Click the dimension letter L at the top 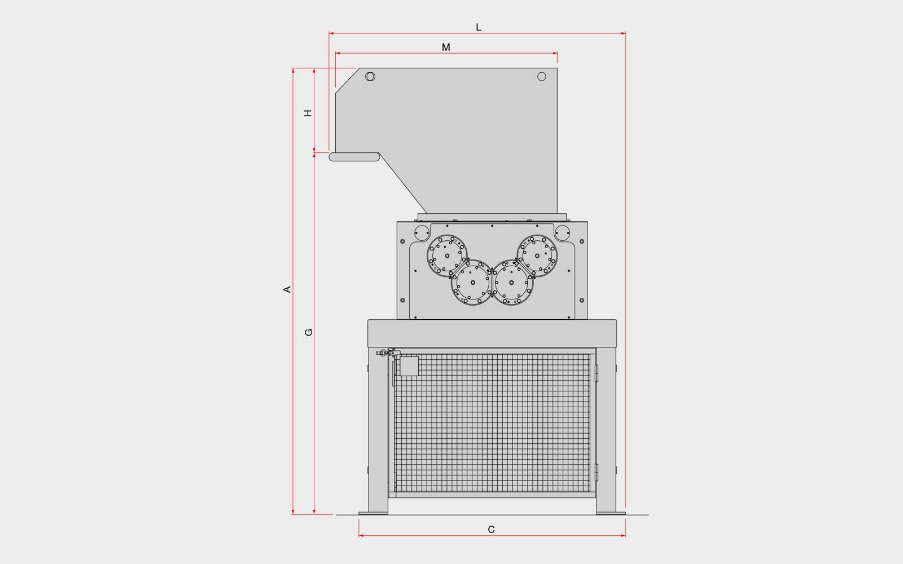(x=479, y=27)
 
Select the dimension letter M (x=446, y=47)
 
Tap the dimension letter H (x=308, y=113)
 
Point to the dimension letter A (x=287, y=289)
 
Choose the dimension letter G (x=308, y=332)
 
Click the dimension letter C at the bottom (x=491, y=530)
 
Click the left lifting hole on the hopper (x=370, y=77)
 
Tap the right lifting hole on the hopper (x=542, y=77)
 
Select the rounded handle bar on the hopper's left (x=354, y=157)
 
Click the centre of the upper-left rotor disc (x=447, y=256)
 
